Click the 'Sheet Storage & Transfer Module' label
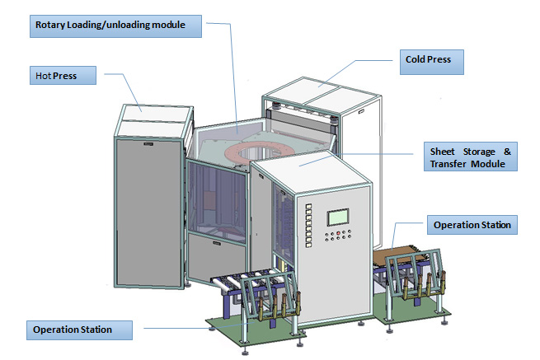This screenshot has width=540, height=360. tap(471, 157)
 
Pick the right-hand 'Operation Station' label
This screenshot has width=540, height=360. tap(472, 224)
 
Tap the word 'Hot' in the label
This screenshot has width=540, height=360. tap(42, 76)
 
